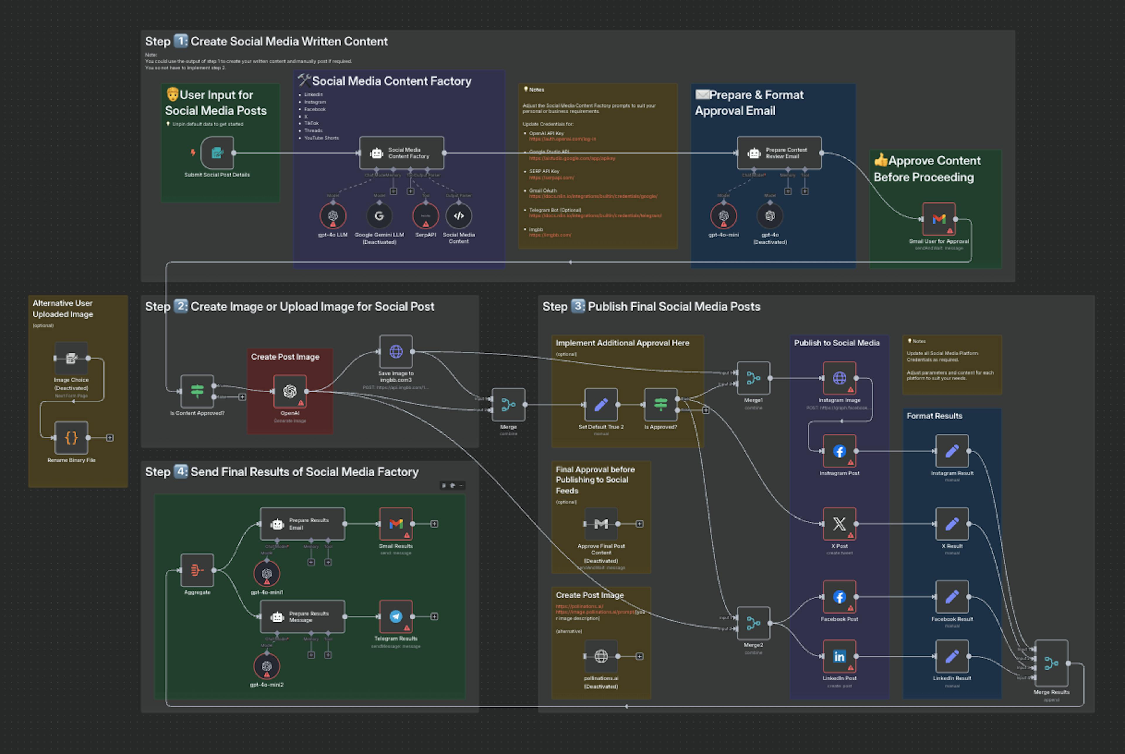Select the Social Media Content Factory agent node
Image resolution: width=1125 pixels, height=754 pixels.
click(401, 153)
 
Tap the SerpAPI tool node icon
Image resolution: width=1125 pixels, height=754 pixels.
click(425, 216)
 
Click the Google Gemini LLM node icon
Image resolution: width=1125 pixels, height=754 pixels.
click(379, 216)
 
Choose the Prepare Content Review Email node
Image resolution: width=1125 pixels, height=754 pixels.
click(779, 153)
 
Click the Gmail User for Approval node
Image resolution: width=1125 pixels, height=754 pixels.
click(938, 219)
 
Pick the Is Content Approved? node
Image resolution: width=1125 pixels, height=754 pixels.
click(197, 391)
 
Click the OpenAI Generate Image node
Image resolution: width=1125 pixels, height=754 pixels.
click(290, 391)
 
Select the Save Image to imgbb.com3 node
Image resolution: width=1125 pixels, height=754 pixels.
click(396, 352)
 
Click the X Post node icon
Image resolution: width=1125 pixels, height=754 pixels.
click(839, 524)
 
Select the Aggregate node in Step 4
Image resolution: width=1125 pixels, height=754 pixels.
click(197, 570)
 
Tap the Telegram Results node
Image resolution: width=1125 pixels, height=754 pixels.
click(396, 617)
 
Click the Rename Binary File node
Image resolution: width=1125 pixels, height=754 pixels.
click(71, 438)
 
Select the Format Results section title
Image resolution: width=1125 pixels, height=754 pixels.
click(934, 416)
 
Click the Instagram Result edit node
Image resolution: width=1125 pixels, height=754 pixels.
click(952, 451)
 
